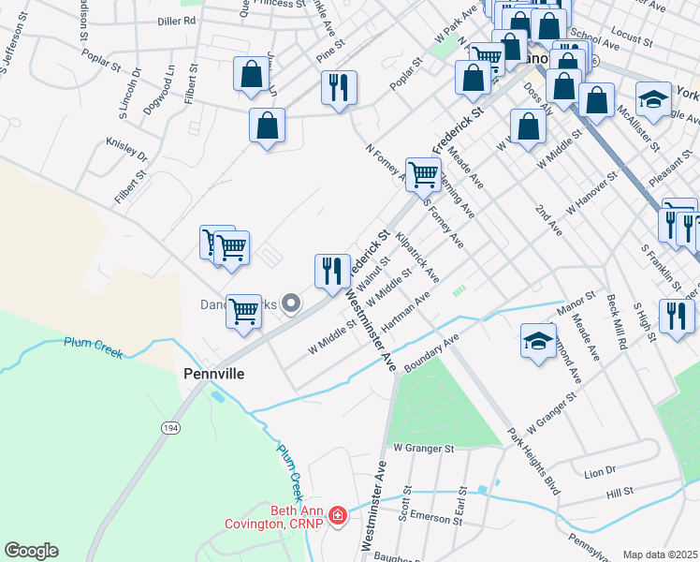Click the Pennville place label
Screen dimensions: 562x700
click(212, 374)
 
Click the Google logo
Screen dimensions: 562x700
click(31, 551)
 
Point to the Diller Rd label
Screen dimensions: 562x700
click(176, 20)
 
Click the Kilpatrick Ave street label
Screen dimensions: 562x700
click(417, 258)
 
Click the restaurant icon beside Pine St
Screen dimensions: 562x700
click(339, 87)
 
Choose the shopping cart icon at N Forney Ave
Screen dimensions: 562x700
click(423, 172)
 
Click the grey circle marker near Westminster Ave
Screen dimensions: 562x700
click(291, 303)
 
